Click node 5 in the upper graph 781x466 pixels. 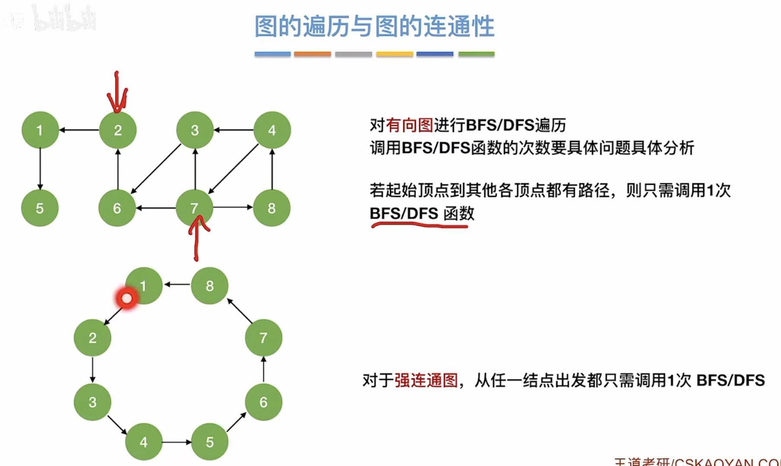(x=40, y=208)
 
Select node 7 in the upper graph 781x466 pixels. (x=194, y=208)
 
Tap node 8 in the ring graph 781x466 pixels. (x=210, y=285)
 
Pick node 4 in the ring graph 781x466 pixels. (x=143, y=442)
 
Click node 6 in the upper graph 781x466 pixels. (x=117, y=208)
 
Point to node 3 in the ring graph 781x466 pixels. (x=92, y=402)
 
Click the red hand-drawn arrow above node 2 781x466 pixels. (x=117, y=93)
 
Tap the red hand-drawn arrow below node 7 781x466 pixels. (x=198, y=235)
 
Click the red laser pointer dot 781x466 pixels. (x=127, y=298)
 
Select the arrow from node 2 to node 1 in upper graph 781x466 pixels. (x=79, y=130)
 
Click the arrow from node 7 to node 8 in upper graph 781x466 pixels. (x=233, y=207)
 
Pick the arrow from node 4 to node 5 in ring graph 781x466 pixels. (x=176, y=442)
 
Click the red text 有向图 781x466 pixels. (x=409, y=125)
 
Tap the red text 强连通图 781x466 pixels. (x=426, y=380)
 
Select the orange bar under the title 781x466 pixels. (x=312, y=54)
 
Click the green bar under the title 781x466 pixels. (x=476, y=54)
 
